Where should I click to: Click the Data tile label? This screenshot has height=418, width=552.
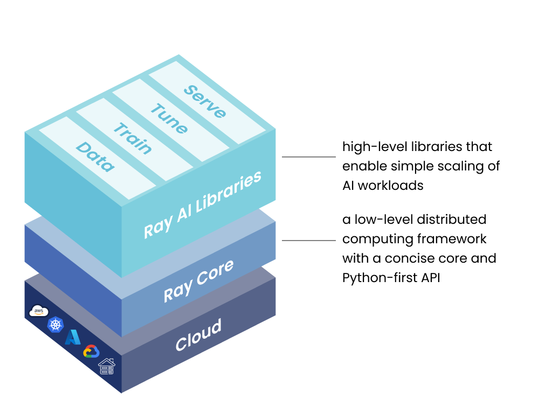[x=95, y=156]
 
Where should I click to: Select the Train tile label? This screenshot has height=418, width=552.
[x=132, y=138]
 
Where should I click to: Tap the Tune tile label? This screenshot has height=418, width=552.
[x=169, y=119]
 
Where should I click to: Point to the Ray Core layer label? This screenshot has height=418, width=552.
[x=198, y=280]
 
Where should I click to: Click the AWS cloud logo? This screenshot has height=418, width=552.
[x=39, y=311]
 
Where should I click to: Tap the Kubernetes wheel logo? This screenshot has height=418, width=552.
[x=56, y=324]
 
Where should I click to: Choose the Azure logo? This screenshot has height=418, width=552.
[x=73, y=337]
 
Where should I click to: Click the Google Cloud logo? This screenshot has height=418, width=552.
[x=91, y=352]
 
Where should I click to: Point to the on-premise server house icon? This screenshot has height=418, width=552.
[x=107, y=366]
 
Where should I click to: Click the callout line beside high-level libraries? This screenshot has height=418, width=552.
[x=309, y=157]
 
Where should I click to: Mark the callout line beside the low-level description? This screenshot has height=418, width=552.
[x=309, y=241]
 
